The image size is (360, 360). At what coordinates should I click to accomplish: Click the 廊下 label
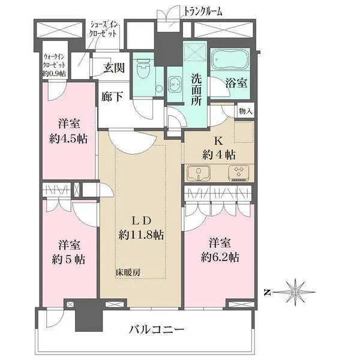tap(111, 97)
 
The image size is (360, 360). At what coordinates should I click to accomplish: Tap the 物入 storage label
tap(245, 111)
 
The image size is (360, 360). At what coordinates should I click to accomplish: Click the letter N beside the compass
tap(268, 292)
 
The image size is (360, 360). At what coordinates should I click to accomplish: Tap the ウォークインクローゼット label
tap(54, 65)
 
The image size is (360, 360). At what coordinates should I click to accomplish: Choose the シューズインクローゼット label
tap(106, 28)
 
